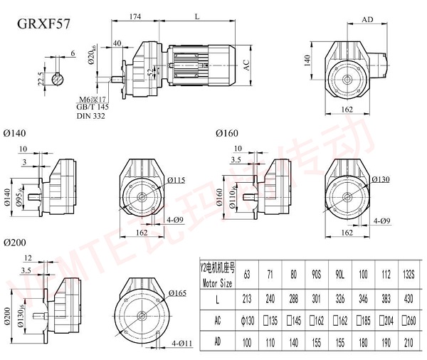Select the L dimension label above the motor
pyautogui.click(x=196, y=16)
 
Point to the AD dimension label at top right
pyautogui.click(x=368, y=21)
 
